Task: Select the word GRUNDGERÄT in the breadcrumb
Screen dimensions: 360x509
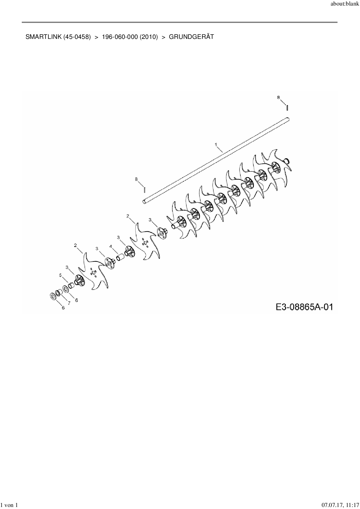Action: point(191,37)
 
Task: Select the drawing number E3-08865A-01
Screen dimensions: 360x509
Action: point(304,307)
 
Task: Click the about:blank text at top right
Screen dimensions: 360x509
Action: point(345,5)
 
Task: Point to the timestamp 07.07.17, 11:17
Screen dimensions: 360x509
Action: point(341,505)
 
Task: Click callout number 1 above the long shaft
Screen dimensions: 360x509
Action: point(216,144)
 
